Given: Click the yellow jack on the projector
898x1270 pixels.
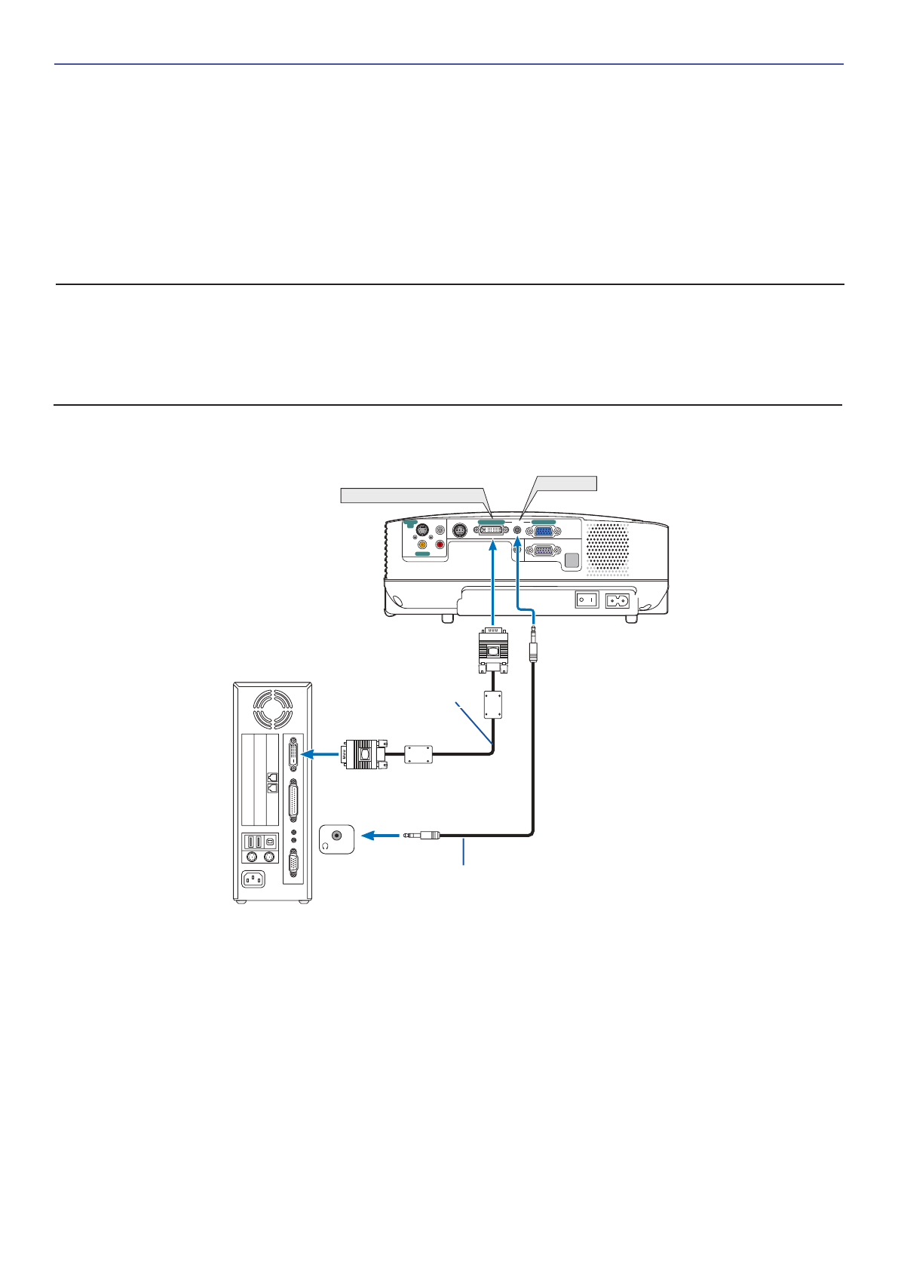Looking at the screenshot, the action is (x=422, y=544).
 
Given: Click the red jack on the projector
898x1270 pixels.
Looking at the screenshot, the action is (x=440, y=544).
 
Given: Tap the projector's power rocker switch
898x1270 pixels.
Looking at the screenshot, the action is (x=587, y=600).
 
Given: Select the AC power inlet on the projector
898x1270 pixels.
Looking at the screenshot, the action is (x=618, y=600).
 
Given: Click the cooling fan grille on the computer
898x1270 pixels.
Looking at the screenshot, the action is (x=272, y=709).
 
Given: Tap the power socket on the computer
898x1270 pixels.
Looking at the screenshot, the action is (x=253, y=879).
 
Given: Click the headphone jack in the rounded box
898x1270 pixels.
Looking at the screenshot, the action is (x=336, y=836).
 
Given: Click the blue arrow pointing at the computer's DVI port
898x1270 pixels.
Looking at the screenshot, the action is (x=319, y=753).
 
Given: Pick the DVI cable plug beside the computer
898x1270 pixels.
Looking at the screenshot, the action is (x=364, y=753).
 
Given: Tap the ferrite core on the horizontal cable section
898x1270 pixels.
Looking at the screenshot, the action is (x=418, y=753).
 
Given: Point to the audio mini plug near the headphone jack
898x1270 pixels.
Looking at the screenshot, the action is (x=422, y=835).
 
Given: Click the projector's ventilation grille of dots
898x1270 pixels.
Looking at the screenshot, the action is (x=608, y=547).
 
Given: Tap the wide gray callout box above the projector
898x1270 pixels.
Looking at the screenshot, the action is (x=413, y=495).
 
